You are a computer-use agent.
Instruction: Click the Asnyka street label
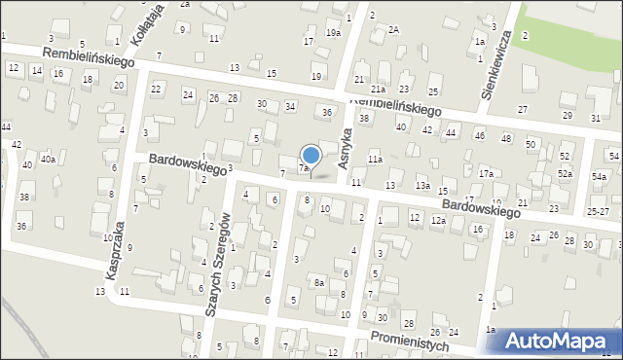[345, 152]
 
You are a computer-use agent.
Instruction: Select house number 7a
[304, 168]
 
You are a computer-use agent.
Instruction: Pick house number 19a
[333, 33]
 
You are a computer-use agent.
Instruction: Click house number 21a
[378, 90]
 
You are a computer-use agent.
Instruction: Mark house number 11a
[375, 159]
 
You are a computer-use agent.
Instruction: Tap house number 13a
[422, 185]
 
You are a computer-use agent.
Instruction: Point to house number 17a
[485, 173]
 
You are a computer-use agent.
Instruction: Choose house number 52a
[565, 173]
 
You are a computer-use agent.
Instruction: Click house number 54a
[598, 177]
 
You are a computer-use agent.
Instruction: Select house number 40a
[48, 159]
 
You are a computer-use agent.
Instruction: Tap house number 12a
[439, 221]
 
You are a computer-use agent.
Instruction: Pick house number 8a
[318, 283]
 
